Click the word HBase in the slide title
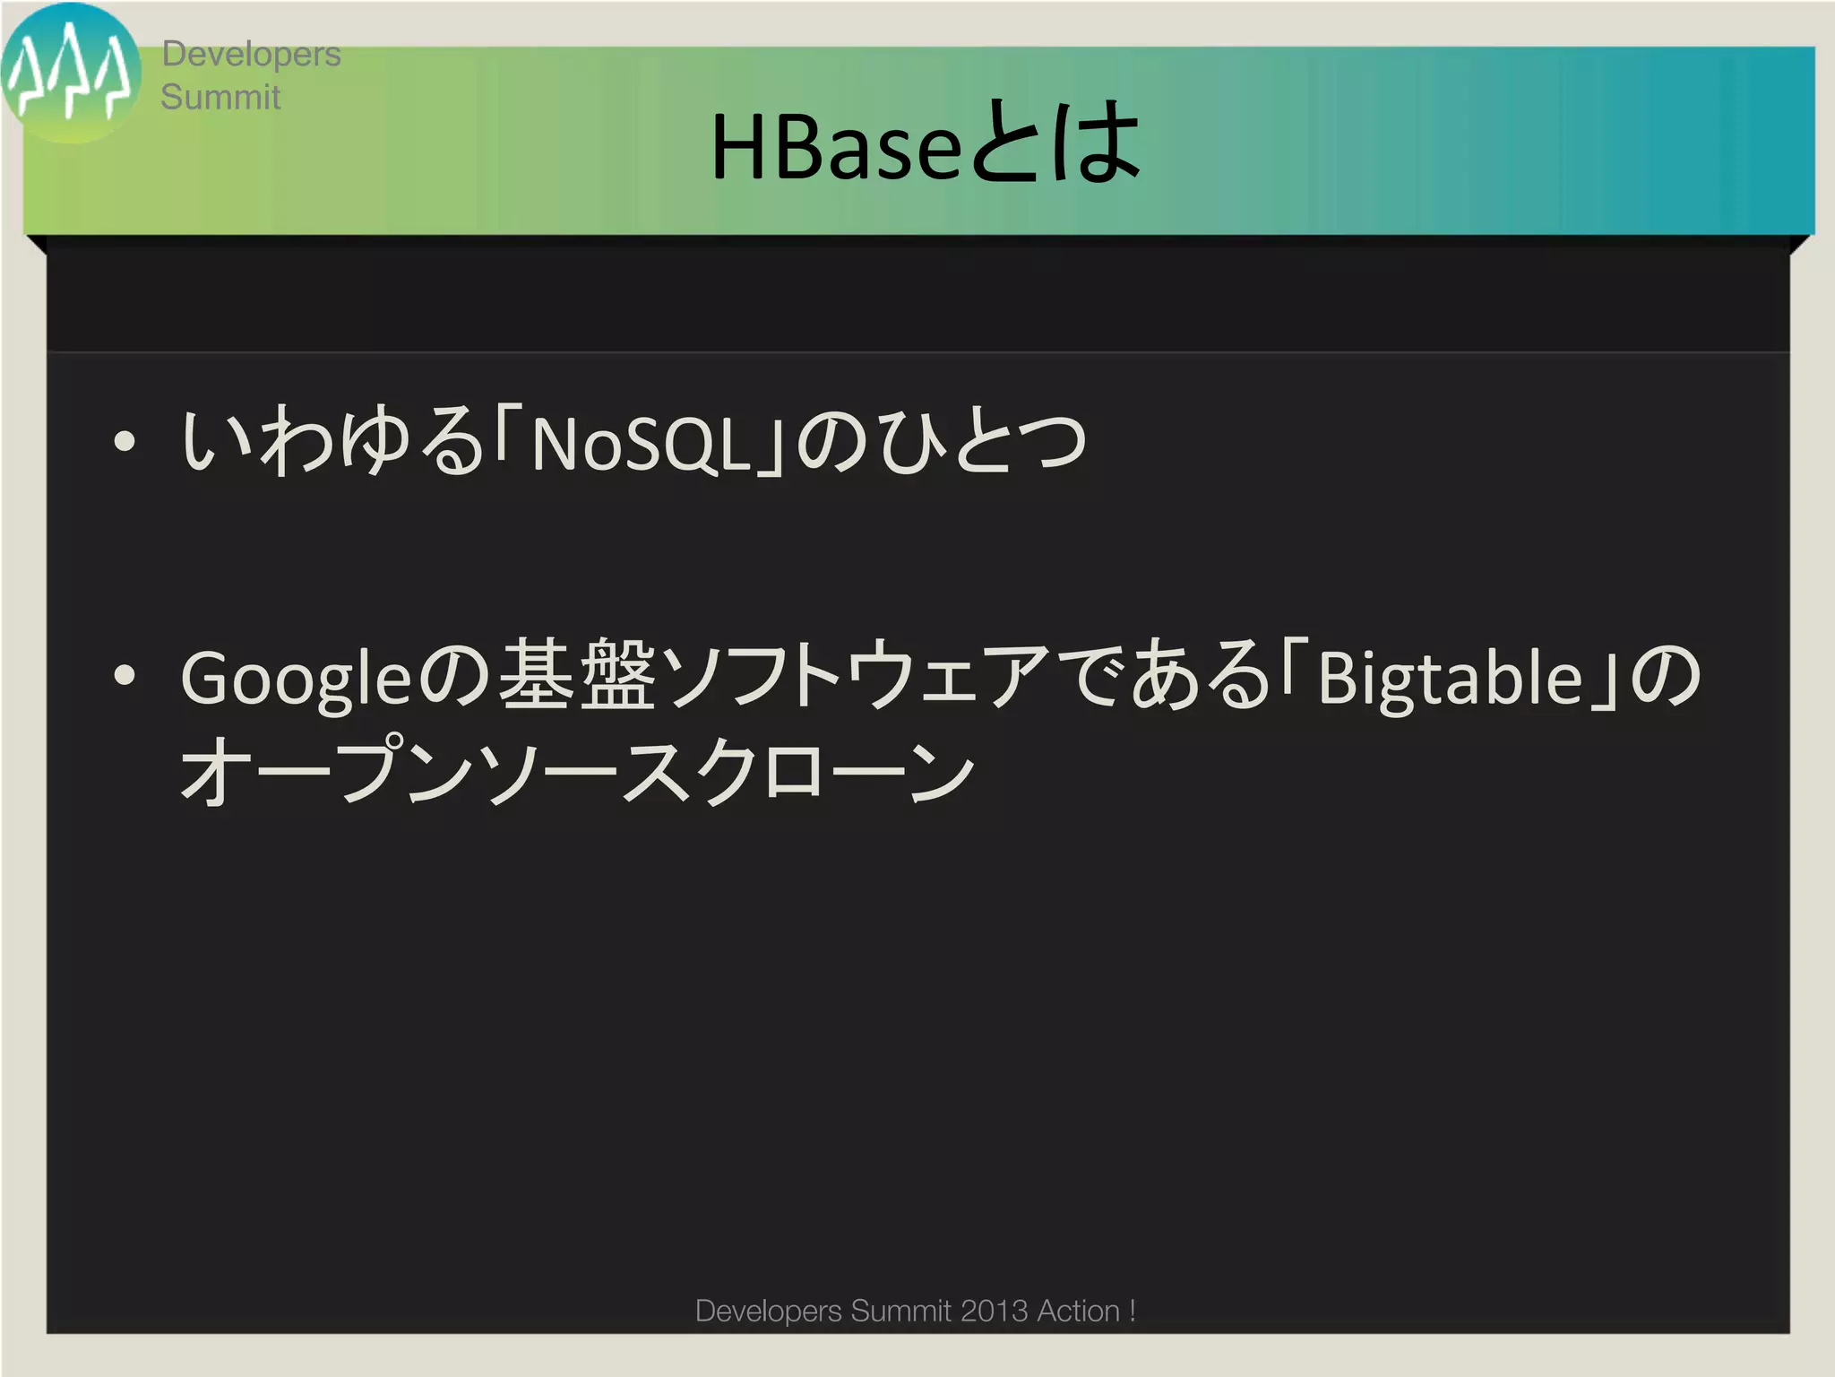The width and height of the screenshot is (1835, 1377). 835,146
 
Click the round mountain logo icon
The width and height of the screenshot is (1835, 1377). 70,74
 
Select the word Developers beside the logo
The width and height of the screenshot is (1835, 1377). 251,55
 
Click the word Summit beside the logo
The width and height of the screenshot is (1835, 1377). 220,97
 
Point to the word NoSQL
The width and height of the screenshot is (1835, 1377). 640,444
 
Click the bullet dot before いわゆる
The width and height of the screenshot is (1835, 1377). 125,441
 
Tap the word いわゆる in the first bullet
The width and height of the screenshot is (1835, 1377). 332,441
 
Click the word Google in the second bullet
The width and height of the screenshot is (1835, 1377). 296,679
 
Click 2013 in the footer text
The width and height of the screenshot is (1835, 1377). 994,1311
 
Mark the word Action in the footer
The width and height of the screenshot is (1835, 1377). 1078,1311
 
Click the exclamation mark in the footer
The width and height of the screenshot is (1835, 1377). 1133,1311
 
